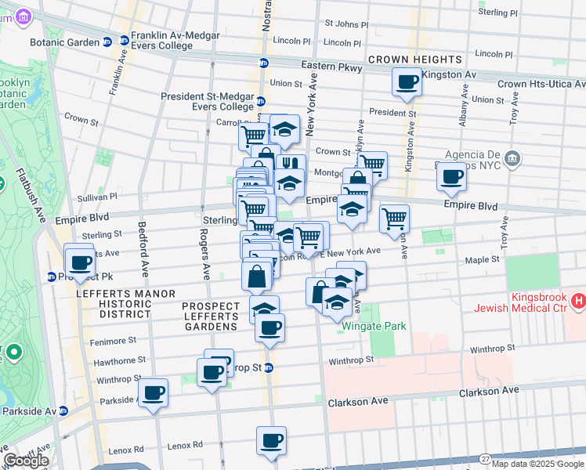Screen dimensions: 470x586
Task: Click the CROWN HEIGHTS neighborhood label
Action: (x=415, y=60)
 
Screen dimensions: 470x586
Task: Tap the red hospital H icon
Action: (x=579, y=300)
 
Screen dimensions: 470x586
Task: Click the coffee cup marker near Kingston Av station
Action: (x=407, y=81)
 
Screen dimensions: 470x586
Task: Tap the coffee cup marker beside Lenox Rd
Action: (x=271, y=440)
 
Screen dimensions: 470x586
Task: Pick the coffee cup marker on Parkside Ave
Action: (x=154, y=392)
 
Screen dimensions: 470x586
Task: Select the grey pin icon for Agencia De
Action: (x=512, y=159)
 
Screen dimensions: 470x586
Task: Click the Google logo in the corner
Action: (x=27, y=460)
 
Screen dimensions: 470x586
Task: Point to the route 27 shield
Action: (x=486, y=459)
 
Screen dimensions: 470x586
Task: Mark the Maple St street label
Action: (x=483, y=258)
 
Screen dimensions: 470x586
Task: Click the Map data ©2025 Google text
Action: (x=537, y=464)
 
